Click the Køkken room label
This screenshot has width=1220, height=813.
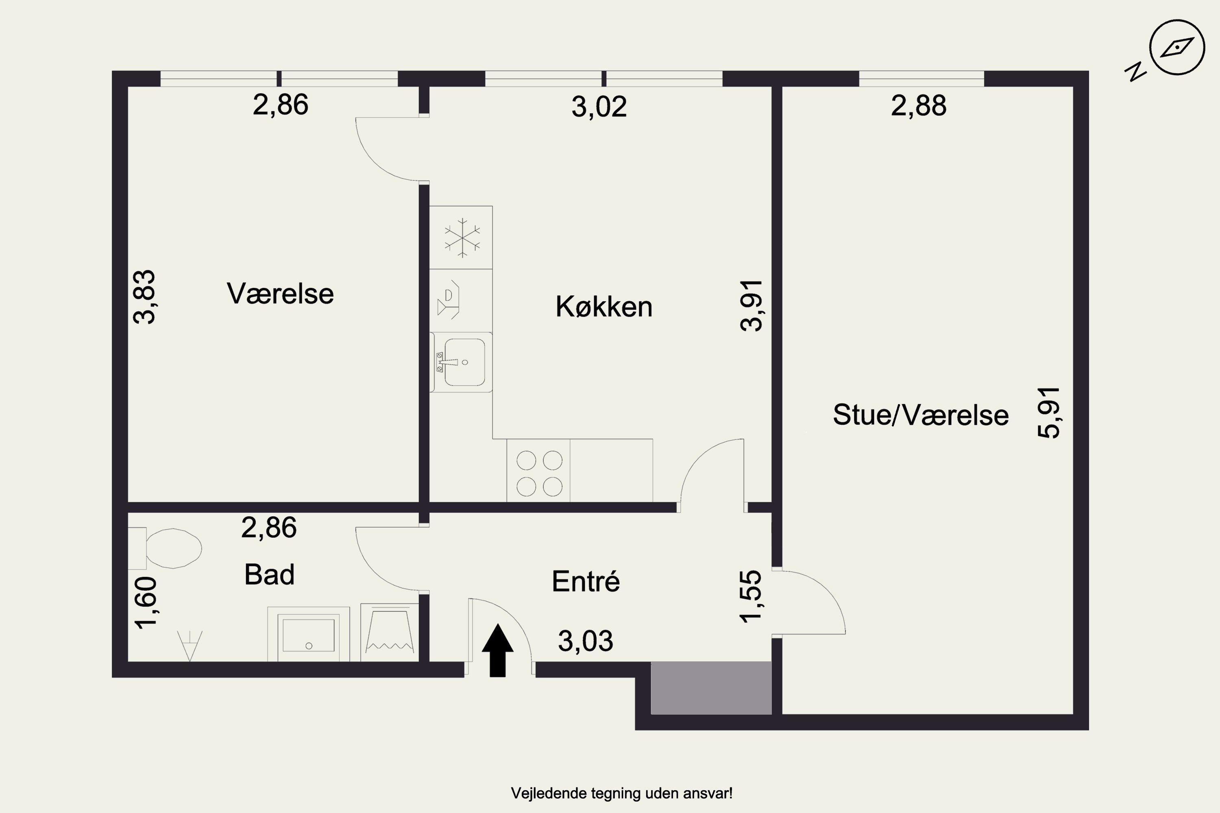pyautogui.click(x=604, y=307)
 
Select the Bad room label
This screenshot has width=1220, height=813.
pyautogui.click(x=269, y=574)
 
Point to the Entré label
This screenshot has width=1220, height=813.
pyautogui.click(x=586, y=581)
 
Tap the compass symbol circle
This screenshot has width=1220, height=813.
pyautogui.click(x=1177, y=48)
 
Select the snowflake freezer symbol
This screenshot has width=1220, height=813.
pyautogui.click(x=462, y=238)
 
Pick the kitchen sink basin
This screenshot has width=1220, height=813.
pyautogui.click(x=464, y=362)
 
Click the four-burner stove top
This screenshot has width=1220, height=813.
pyautogui.click(x=539, y=473)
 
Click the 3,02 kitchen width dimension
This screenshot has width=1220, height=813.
pyautogui.click(x=599, y=107)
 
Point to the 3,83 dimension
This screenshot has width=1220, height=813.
pyautogui.click(x=144, y=297)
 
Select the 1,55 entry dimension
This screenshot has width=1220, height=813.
pyautogui.click(x=751, y=596)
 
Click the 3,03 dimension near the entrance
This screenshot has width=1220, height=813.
pyautogui.click(x=586, y=641)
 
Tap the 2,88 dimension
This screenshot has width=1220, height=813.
pyautogui.click(x=919, y=106)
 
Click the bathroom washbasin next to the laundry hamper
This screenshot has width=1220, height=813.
pyautogui.click(x=308, y=635)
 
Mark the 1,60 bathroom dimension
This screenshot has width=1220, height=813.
pyautogui.click(x=146, y=603)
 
